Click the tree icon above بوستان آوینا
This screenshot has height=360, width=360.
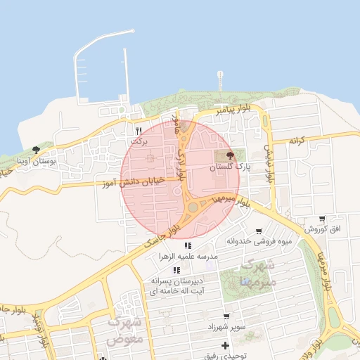(x=36, y=149)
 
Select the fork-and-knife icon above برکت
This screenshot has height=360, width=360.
(x=139, y=131)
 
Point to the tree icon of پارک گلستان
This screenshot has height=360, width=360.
(x=231, y=155)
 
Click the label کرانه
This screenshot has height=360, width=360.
(x=299, y=141)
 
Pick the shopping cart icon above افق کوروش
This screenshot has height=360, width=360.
(x=322, y=219)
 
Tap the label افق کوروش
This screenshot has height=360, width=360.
(x=322, y=230)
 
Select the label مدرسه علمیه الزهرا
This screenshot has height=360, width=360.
(x=188, y=257)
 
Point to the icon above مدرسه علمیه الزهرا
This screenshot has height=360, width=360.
(x=188, y=246)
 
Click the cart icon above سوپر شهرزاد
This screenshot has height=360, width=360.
(x=226, y=317)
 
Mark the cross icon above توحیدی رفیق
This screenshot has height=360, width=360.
(x=225, y=345)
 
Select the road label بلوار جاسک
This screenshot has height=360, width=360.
(x=162, y=233)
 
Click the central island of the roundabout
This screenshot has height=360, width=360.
(x=193, y=207)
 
